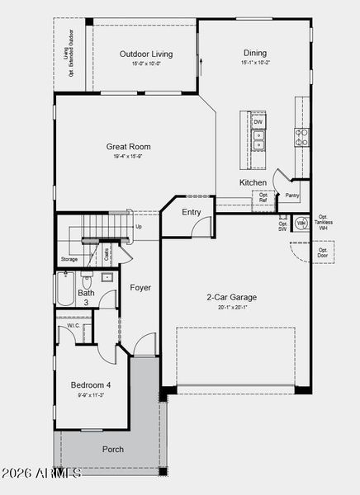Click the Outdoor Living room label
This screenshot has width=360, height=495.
point(145,54)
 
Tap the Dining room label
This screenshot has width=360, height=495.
point(254,53)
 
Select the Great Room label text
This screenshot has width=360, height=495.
point(128,147)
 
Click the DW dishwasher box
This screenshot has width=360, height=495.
point(258,122)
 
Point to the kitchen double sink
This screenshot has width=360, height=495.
point(258,141)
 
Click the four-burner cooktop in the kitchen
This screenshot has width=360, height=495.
point(302,136)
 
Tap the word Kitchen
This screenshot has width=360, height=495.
point(253,182)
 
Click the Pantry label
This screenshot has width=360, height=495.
point(292,196)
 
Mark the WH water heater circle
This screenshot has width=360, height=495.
point(301,223)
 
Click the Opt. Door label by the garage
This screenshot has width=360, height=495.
point(323,252)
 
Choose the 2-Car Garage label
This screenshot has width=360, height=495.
point(231,297)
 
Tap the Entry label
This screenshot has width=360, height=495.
point(192,212)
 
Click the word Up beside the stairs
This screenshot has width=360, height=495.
point(138,227)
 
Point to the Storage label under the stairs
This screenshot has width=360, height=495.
point(69,259)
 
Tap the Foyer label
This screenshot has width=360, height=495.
point(140,288)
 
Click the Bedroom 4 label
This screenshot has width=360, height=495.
point(91,385)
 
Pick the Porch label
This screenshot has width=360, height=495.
point(112,449)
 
